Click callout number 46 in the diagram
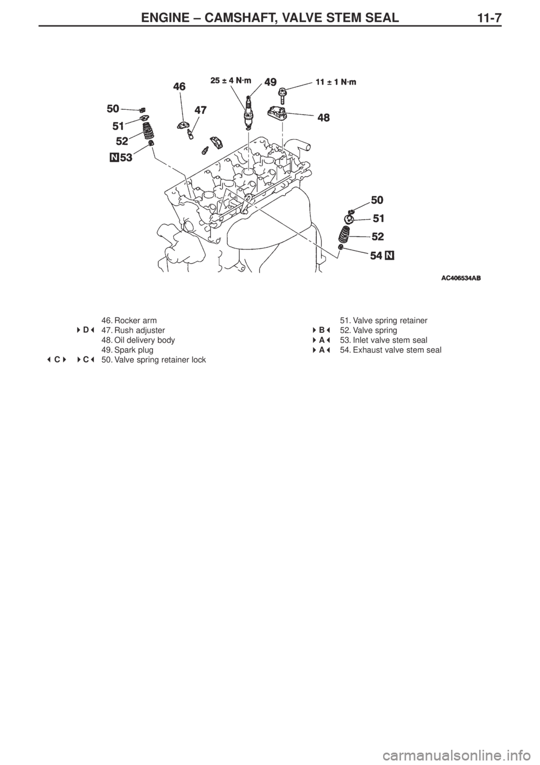[x=179, y=86]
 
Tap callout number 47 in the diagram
[x=201, y=111]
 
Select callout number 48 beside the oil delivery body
[x=323, y=118]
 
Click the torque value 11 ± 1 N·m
[x=336, y=81]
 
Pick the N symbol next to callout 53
[x=114, y=158]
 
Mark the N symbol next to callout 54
[x=390, y=255]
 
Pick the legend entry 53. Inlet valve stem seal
[x=383, y=340]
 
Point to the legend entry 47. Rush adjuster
[x=133, y=330]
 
